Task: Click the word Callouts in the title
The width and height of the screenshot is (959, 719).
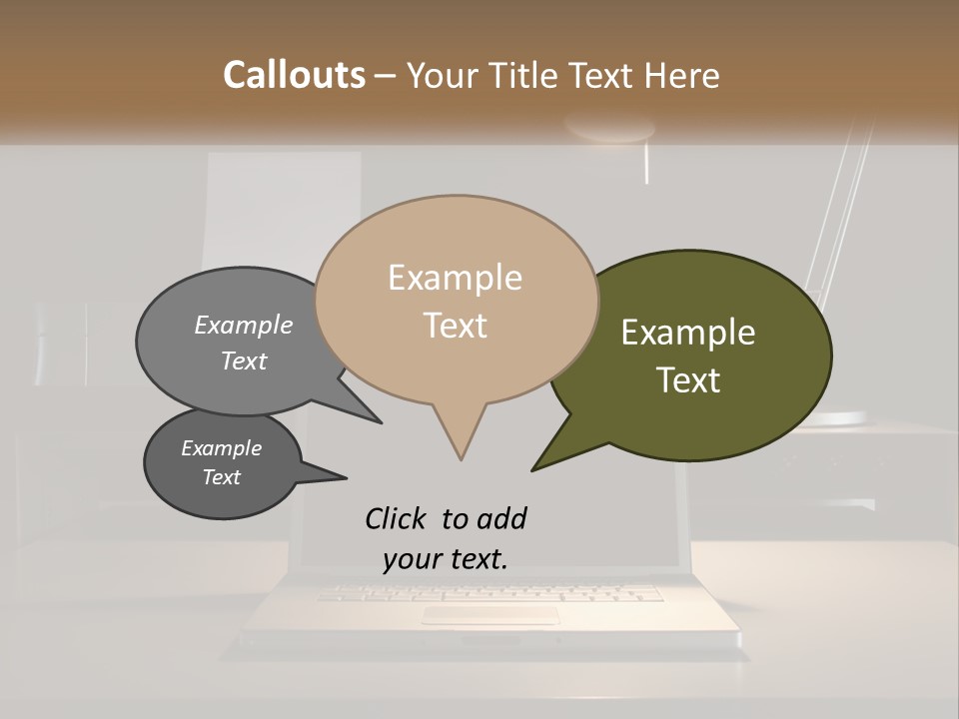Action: point(294,75)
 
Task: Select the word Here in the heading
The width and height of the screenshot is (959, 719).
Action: point(682,76)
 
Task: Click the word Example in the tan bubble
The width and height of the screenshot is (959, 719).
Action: point(455,278)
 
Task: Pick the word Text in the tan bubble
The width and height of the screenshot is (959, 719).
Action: point(456,326)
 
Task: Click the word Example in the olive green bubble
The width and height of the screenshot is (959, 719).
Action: point(688,333)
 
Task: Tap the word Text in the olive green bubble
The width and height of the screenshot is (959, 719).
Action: point(689,380)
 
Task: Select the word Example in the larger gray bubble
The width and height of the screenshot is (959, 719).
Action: point(244,326)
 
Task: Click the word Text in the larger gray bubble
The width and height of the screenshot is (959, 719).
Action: point(244,360)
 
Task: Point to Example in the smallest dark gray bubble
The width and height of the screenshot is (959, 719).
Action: point(222,448)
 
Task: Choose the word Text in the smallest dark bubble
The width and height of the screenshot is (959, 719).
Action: point(222,477)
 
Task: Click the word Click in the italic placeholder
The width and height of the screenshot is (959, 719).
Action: point(398,519)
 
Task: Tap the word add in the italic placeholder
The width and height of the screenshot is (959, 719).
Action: point(500,519)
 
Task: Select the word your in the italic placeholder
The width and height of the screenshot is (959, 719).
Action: point(411,560)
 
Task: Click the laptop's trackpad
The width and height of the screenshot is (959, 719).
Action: point(489,615)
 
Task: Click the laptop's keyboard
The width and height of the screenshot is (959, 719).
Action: point(489,593)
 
